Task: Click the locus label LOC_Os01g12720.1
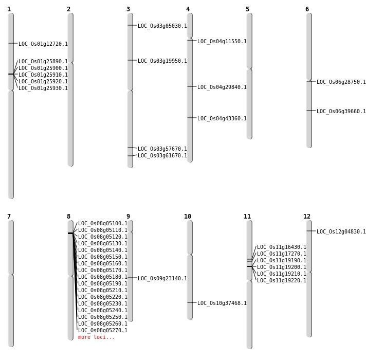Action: (x=43, y=44)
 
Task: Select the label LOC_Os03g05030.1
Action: (x=162, y=26)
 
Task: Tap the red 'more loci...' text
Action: (x=97, y=337)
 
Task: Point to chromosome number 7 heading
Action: (x=9, y=217)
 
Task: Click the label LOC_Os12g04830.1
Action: (x=341, y=231)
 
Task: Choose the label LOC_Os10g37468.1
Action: (x=222, y=303)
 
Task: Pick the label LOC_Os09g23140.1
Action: (x=162, y=278)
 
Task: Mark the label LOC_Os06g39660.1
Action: (x=341, y=111)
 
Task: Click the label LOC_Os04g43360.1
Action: (x=222, y=118)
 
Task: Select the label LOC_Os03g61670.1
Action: (x=162, y=155)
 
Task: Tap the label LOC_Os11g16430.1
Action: (x=282, y=247)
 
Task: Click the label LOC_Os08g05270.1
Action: (x=103, y=330)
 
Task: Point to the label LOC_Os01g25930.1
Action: (x=43, y=88)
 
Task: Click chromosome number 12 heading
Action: (x=307, y=217)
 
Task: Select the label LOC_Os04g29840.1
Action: (x=222, y=87)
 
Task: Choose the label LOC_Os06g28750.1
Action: (x=341, y=82)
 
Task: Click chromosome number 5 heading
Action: (x=248, y=9)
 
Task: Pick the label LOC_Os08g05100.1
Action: (x=103, y=223)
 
